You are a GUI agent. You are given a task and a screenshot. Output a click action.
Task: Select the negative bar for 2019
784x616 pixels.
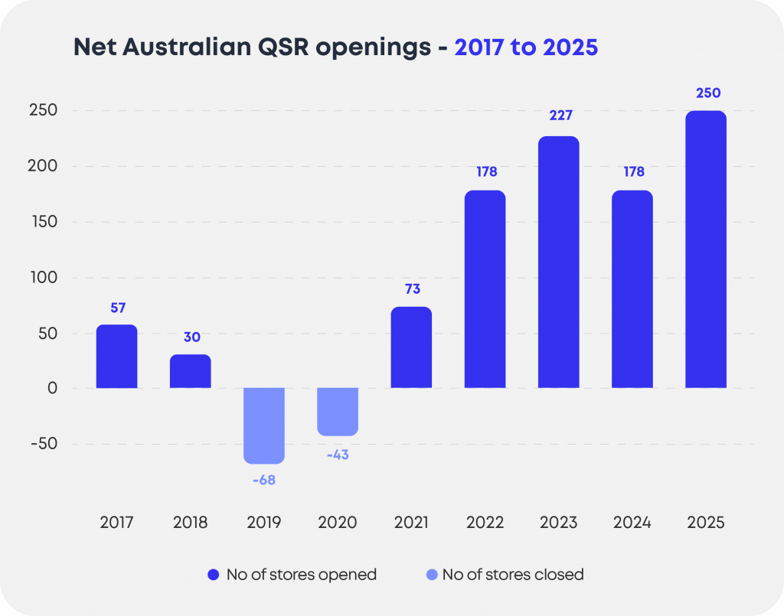click(x=264, y=425)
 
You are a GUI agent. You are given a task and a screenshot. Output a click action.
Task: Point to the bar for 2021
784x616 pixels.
click(x=411, y=347)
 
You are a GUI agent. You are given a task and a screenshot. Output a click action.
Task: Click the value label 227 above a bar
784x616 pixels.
click(x=559, y=116)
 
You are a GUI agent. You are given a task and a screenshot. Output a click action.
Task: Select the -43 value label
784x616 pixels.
click(x=338, y=455)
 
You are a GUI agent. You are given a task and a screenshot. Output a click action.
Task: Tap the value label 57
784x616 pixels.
click(x=117, y=308)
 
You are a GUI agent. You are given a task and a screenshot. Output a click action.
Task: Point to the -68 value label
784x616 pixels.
click(x=263, y=481)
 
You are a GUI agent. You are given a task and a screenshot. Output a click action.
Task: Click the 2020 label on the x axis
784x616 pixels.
click(x=338, y=523)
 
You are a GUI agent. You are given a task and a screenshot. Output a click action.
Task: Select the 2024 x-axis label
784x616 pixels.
click(x=632, y=523)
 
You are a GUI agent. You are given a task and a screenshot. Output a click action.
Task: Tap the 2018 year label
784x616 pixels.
click(x=190, y=523)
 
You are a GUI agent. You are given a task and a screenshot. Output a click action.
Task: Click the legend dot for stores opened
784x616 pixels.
click(x=214, y=574)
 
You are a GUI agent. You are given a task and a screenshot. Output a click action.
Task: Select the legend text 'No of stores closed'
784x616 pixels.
click(x=513, y=574)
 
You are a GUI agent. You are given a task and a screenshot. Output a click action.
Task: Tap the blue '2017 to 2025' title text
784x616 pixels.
click(x=526, y=47)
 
